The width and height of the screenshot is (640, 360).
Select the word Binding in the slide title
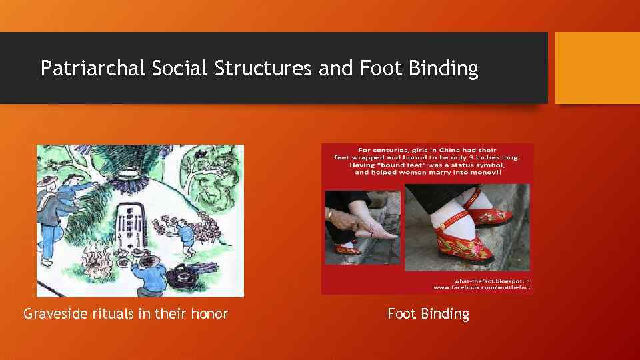(x=445, y=69)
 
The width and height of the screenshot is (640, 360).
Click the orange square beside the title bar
(x=597, y=68)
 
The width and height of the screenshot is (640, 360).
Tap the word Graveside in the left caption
(x=54, y=313)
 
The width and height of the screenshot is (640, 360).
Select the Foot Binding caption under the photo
(x=428, y=313)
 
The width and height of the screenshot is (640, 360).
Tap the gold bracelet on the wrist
(x=330, y=215)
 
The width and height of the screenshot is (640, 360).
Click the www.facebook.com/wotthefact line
(x=481, y=287)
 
